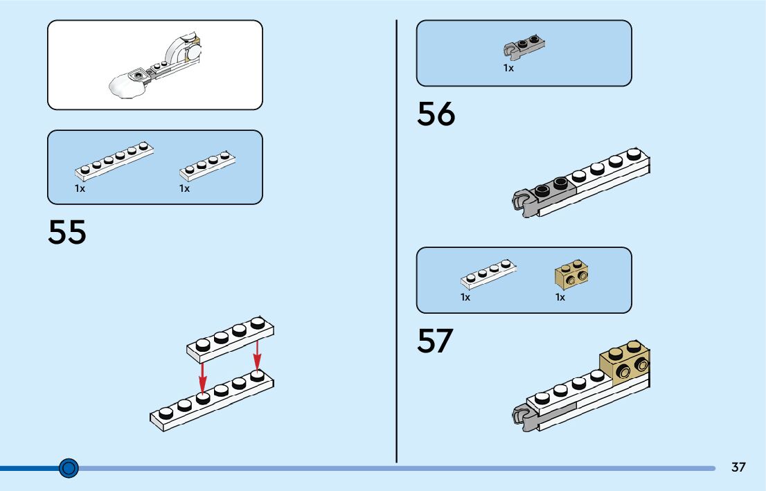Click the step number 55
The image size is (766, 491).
(67, 233)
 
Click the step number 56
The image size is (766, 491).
(436, 114)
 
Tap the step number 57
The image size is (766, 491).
(435, 341)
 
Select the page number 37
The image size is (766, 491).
(738, 467)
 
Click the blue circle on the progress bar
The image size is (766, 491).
(68, 469)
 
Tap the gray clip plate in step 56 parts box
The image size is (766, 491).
(524, 47)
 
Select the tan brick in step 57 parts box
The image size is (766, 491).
(571, 276)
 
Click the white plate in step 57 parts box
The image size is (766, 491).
(488, 275)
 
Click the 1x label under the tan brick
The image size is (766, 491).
(560, 297)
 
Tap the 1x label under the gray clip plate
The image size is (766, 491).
(508, 68)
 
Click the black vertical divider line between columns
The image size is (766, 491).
(397, 242)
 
